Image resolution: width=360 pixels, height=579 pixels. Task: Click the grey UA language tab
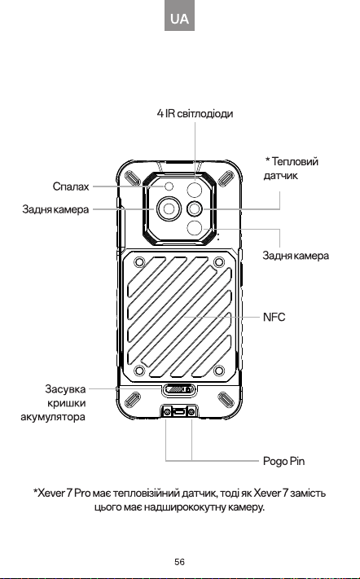click(179, 15)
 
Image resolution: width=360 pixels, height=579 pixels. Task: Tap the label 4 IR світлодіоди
click(195, 113)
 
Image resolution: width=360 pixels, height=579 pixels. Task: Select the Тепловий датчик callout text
click(291, 169)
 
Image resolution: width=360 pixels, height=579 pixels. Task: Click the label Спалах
click(71, 186)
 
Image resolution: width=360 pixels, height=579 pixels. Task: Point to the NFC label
click(274, 318)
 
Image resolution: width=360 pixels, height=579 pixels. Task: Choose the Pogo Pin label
click(283, 461)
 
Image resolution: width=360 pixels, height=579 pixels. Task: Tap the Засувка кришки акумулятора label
click(53, 403)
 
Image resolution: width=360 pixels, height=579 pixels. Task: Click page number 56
click(179, 562)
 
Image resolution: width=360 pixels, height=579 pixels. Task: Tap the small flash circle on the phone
click(169, 186)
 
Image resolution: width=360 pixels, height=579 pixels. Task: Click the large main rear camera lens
click(169, 209)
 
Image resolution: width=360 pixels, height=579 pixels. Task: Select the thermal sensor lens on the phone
click(194, 209)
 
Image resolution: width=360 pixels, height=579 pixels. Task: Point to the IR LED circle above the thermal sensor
click(194, 191)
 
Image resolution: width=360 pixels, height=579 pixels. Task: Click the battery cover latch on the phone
click(179, 389)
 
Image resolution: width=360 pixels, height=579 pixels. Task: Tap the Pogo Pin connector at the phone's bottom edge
click(179, 411)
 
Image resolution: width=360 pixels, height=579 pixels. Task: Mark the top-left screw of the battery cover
click(139, 262)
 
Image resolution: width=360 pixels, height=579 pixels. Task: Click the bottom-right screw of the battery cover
click(219, 370)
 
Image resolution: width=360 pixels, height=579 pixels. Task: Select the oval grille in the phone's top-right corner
click(226, 179)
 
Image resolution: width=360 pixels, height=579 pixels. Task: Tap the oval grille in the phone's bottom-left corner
click(132, 400)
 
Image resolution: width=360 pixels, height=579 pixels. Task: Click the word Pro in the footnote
click(82, 493)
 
